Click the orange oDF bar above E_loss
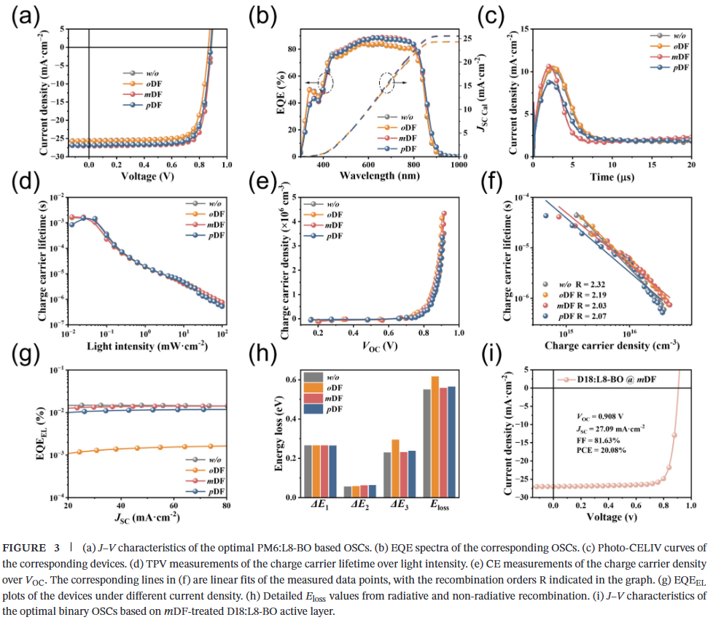pos(435,436)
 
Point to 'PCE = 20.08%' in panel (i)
pos(601,450)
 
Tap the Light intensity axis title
pos(144,344)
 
